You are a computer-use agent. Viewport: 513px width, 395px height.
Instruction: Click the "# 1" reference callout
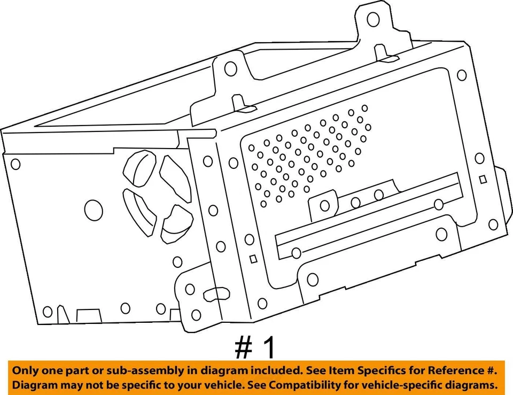click(256, 348)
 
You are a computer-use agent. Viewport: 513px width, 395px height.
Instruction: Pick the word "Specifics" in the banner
click(373, 370)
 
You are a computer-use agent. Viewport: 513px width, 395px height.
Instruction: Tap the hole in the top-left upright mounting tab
click(231, 68)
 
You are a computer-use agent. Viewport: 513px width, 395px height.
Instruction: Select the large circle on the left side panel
click(94, 210)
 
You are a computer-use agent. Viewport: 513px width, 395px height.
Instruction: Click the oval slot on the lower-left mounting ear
click(213, 293)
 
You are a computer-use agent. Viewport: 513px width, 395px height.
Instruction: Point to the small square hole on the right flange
click(483, 180)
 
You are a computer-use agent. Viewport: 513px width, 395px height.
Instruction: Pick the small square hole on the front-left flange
click(254, 258)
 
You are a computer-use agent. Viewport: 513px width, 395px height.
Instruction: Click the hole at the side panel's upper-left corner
click(15, 164)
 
